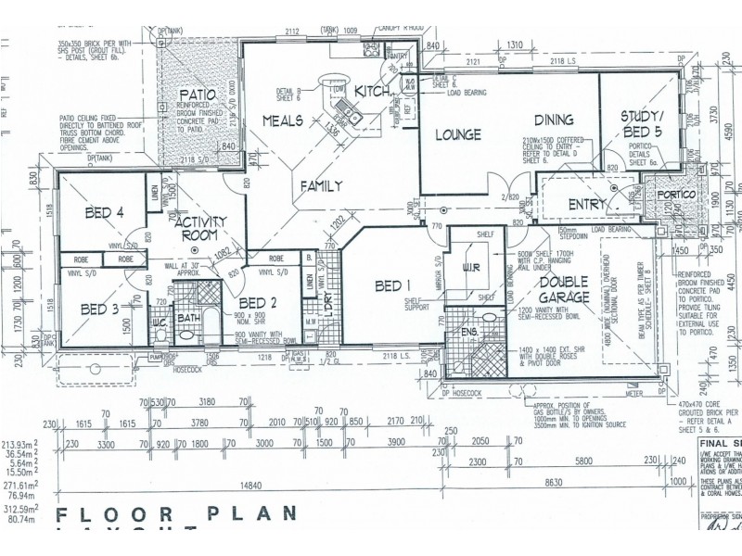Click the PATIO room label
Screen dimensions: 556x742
pyautogui.click(x=198, y=95)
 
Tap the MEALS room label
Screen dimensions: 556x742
pyautogui.click(x=284, y=120)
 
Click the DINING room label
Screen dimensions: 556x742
pyautogui.click(x=554, y=120)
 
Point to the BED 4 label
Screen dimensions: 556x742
pyautogui.click(x=105, y=213)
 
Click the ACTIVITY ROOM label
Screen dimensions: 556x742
pyautogui.click(x=196, y=228)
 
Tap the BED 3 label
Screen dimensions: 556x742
pyautogui.click(x=99, y=309)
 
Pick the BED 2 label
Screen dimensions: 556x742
pyautogui.click(x=258, y=302)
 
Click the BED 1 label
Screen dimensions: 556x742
pyautogui.click(x=394, y=285)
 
